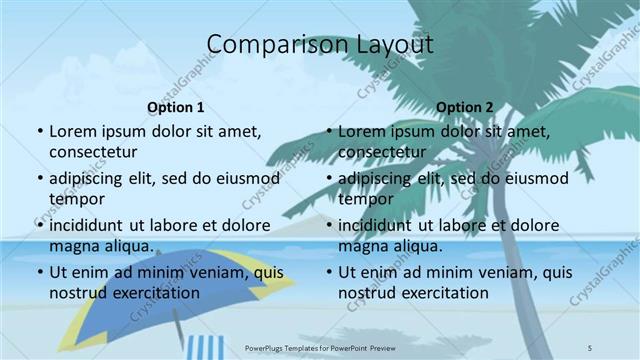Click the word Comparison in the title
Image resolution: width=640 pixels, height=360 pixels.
(265, 45)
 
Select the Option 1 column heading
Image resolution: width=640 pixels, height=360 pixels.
(176, 107)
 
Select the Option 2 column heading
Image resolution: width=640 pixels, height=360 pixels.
(465, 107)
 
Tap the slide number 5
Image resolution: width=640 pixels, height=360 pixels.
(591, 347)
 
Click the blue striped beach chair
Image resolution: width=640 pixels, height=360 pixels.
(205, 347)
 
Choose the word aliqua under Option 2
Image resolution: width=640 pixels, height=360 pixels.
(418, 245)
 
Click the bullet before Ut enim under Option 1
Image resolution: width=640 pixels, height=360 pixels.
(39, 272)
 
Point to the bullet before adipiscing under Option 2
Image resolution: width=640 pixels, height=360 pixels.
(328, 178)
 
